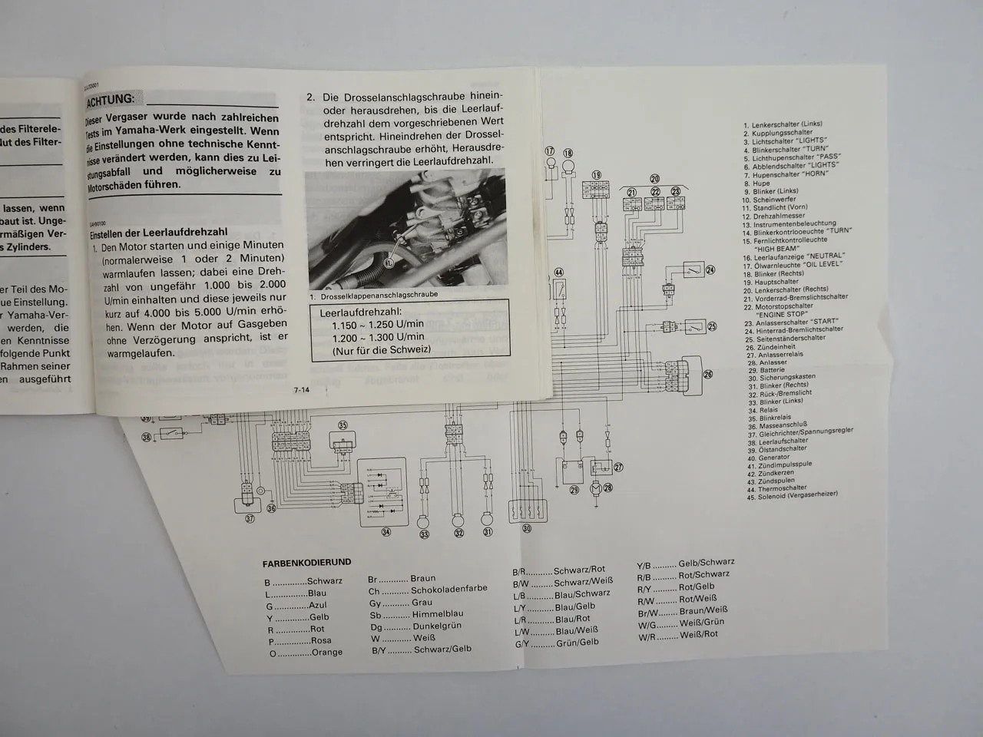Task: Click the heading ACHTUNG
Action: click(112, 99)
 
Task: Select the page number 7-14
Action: click(301, 391)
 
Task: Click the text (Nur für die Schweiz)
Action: click(381, 350)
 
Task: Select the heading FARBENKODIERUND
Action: click(308, 563)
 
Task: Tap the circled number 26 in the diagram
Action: click(708, 375)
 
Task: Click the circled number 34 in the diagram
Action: click(386, 531)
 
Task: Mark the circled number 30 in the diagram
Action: click(526, 528)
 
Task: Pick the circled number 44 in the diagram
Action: click(558, 273)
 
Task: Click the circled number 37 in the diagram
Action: click(249, 519)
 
